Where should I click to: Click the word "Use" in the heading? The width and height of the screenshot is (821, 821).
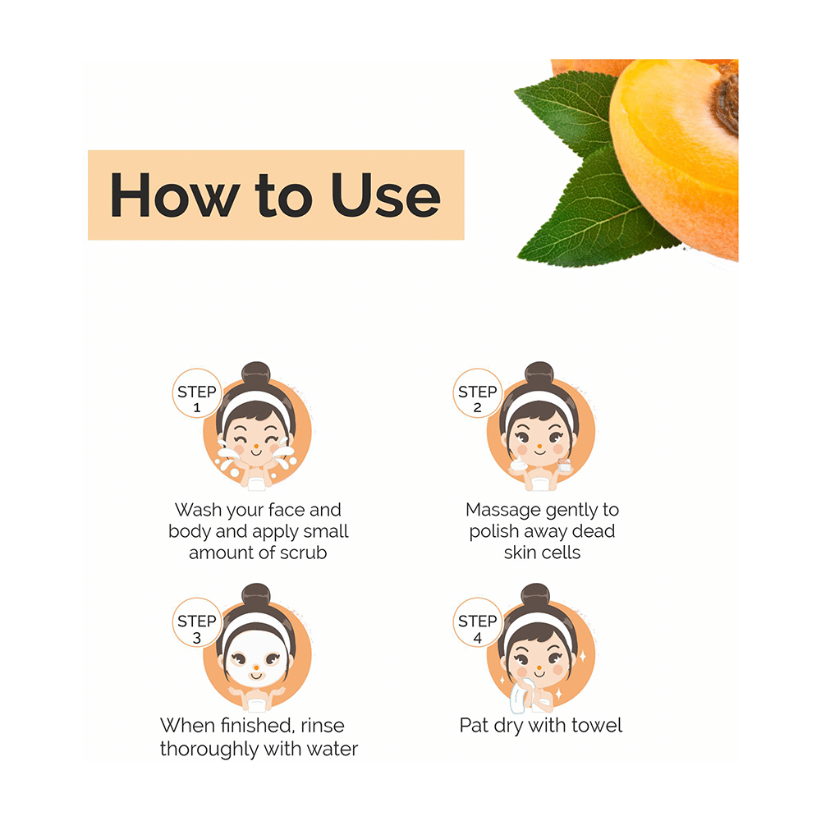pyautogui.click(x=386, y=195)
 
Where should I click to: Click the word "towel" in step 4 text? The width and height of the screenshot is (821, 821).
pyautogui.click(x=596, y=725)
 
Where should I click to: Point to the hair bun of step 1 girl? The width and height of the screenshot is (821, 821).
pyautogui.click(x=256, y=374)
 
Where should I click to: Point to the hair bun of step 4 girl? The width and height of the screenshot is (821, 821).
pyautogui.click(x=537, y=598)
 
